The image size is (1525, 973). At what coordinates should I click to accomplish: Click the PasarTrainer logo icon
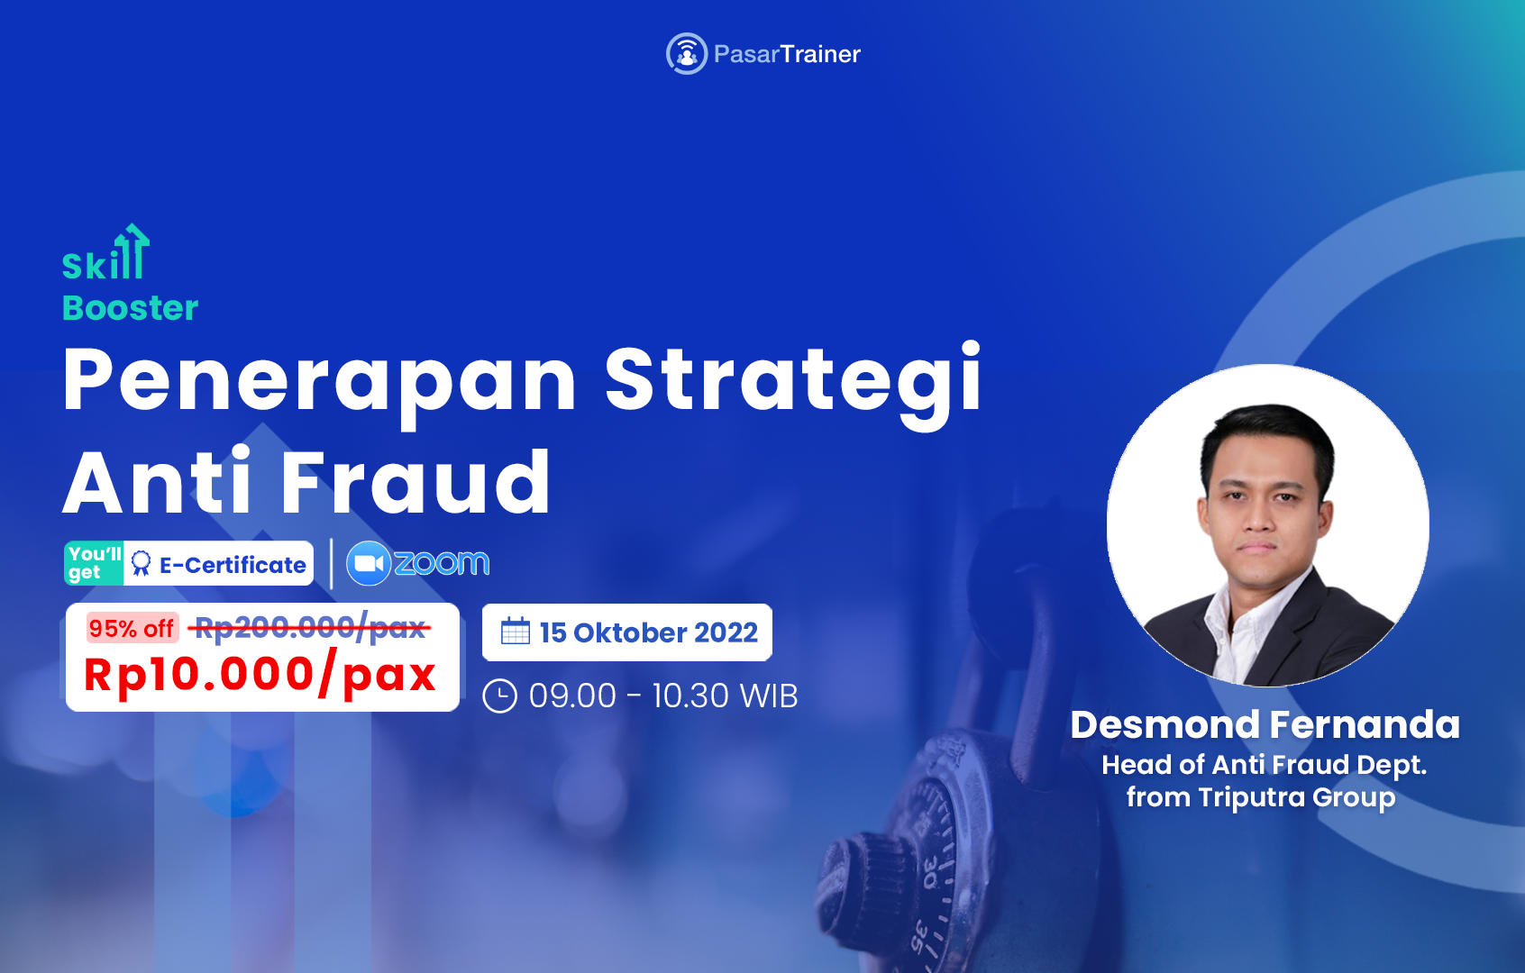686,54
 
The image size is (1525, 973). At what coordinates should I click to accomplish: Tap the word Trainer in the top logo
820,54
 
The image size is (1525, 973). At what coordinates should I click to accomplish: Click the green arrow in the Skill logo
134,249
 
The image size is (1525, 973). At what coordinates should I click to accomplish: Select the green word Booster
130,308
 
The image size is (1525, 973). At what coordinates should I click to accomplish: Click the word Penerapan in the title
319,381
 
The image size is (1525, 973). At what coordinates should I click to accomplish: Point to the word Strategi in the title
792,381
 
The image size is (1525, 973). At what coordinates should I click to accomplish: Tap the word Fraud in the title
415,484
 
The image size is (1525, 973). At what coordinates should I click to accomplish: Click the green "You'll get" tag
94,563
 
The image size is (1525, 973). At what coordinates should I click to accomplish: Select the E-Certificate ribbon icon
142,564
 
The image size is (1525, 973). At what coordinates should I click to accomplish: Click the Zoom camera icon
369,563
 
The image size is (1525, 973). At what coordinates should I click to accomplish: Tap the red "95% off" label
132,628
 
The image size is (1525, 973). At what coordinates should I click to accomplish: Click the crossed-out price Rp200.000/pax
310,627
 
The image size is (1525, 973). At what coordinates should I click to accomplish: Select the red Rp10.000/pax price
260,675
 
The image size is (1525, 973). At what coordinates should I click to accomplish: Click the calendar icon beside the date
516,632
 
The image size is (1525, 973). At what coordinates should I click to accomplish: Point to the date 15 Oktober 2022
648,632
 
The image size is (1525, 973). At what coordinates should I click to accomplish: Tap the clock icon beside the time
500,696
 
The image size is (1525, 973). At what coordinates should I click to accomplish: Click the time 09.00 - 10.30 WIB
663,696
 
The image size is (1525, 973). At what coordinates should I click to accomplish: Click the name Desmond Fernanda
1265,725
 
